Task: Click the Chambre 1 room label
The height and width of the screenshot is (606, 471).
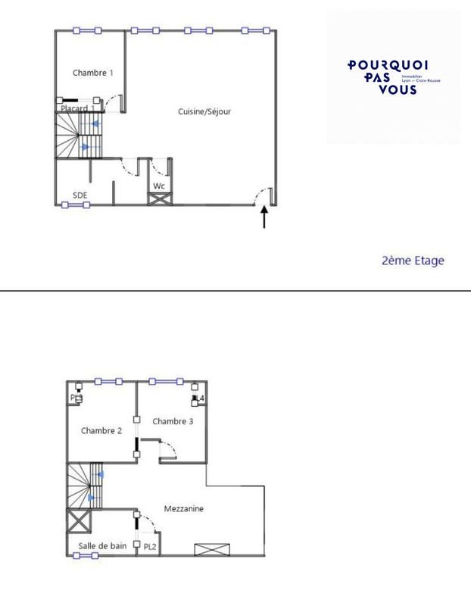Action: [93, 73]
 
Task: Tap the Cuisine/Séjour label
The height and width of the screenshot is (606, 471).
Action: [204, 112]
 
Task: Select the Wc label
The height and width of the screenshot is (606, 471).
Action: [159, 186]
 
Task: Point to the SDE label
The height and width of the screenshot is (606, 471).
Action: [80, 195]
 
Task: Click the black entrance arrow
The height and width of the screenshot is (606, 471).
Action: [264, 217]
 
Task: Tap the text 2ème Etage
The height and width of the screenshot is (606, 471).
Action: [413, 261]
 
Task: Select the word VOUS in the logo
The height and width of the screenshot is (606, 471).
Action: [397, 90]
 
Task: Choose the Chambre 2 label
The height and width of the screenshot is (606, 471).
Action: [101, 431]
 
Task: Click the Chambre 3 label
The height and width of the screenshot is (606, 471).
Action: [173, 421]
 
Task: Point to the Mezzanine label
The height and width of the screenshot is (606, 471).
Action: [183, 509]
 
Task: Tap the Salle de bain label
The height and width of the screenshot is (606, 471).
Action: [102, 545]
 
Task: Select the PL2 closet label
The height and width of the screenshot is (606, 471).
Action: [150, 546]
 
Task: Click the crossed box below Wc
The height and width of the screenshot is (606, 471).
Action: [160, 200]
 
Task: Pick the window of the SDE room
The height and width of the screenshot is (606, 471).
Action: [76, 205]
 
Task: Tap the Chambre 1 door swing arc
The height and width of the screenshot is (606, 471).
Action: [115, 101]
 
